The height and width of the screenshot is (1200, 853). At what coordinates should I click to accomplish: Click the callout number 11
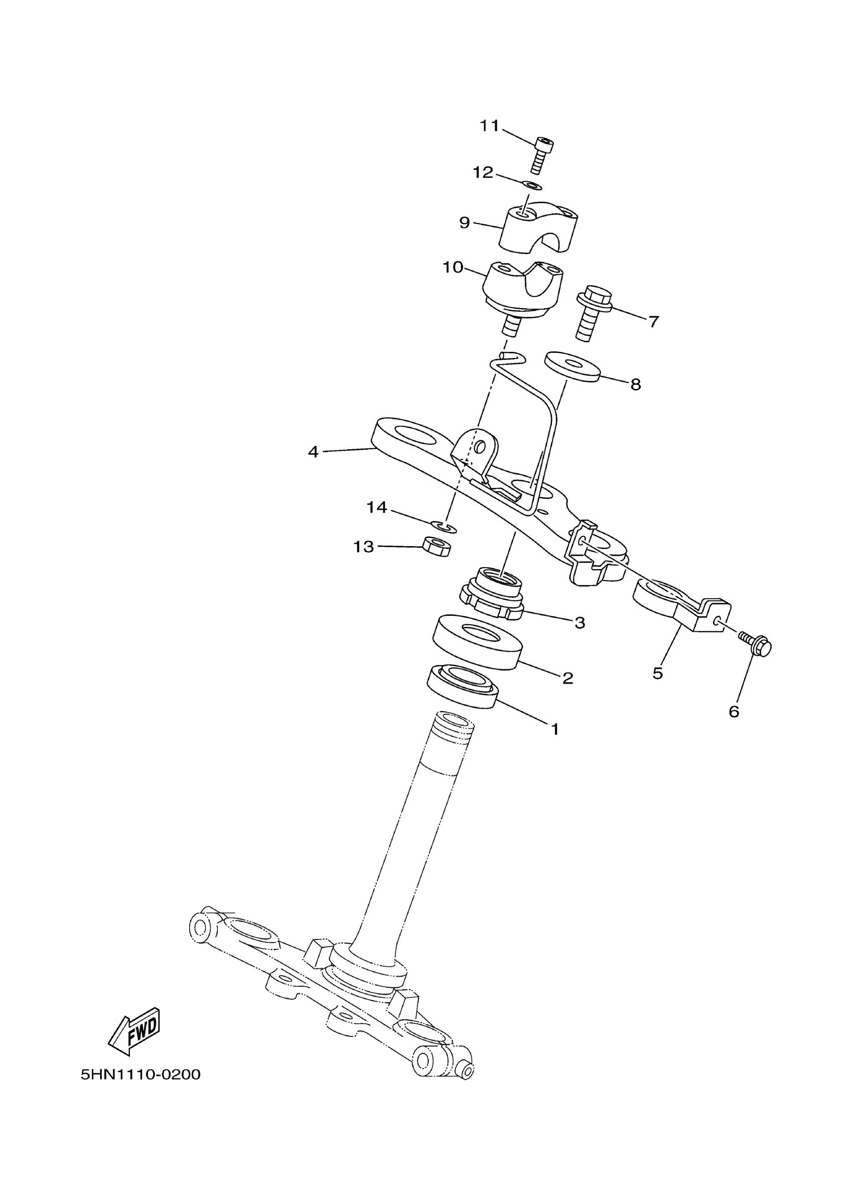click(x=489, y=126)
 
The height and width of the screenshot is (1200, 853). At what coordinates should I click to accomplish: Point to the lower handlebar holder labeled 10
click(x=523, y=292)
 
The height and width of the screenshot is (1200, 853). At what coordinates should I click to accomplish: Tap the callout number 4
click(x=313, y=452)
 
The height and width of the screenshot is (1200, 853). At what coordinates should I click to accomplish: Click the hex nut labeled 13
click(x=437, y=547)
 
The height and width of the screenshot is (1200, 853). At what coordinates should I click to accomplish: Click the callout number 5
click(x=658, y=674)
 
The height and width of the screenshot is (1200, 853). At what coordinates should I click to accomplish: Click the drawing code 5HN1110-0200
click(x=141, y=1075)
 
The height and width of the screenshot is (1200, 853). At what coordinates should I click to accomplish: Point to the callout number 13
click(x=363, y=547)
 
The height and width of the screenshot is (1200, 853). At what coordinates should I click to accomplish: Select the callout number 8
click(x=636, y=384)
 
